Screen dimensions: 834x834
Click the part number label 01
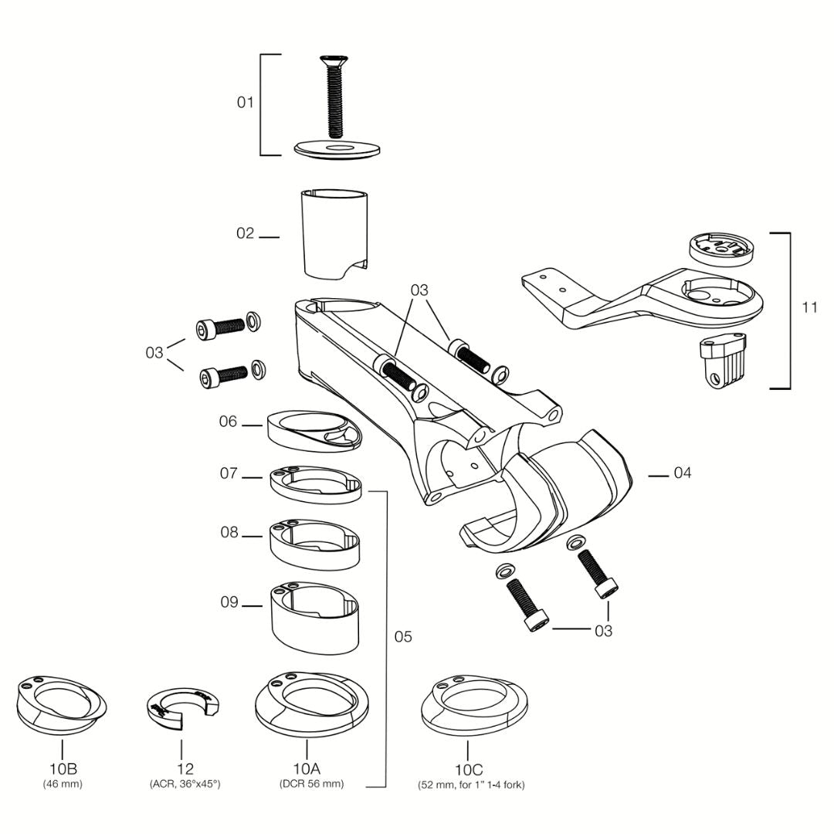(246, 102)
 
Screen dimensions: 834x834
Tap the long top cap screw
(334, 96)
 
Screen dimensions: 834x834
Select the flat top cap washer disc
(337, 150)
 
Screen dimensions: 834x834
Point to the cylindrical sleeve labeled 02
(334, 234)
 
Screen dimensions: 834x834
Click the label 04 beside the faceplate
(683, 473)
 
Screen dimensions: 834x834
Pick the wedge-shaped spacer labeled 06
(314, 431)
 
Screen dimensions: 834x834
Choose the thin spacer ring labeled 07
(316, 484)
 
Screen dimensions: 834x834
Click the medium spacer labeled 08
(315, 545)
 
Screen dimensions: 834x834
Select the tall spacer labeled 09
(315, 617)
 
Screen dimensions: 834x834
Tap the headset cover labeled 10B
(62, 705)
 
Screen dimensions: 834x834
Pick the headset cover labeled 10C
(474, 705)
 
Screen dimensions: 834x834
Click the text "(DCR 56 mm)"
(312, 784)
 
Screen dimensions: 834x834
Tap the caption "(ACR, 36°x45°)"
(185, 784)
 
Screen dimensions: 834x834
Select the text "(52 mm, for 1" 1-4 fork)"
(471, 785)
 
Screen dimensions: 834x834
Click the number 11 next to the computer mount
(809, 307)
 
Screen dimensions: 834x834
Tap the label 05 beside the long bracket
(402, 636)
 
